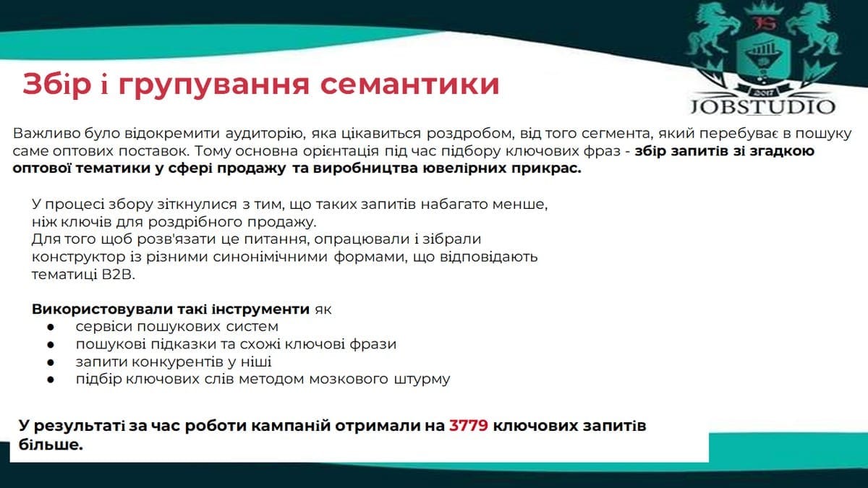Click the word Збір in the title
pyautogui.click(x=57, y=84)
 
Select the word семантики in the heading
pyautogui.click(x=409, y=85)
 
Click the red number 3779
pyautogui.click(x=469, y=426)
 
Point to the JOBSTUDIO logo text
pyautogui.click(x=762, y=107)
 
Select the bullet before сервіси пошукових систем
pyautogui.click(x=51, y=328)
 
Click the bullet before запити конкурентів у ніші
pyautogui.click(x=51, y=362)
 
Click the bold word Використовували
pyautogui.click(x=102, y=309)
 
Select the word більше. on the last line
pyautogui.click(x=51, y=445)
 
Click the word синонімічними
pyautogui.click(x=270, y=257)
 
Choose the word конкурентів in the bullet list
pyautogui.click(x=176, y=362)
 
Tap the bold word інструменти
pyautogui.click(x=261, y=309)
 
